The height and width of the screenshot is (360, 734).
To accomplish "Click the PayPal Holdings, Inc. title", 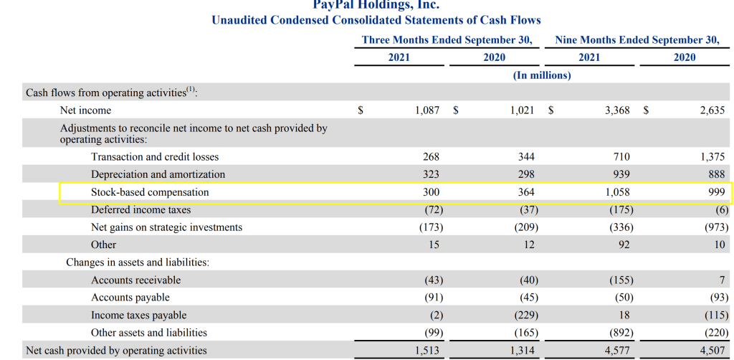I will pyautogui.click(x=376, y=4).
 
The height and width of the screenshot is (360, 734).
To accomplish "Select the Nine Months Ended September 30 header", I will pyautogui.click(x=637, y=40).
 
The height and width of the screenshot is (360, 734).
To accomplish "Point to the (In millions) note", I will pyautogui.click(x=542, y=75).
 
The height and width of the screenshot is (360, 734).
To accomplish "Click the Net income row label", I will pyautogui.click(x=85, y=110).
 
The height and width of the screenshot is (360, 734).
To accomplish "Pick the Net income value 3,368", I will pyautogui.click(x=616, y=110).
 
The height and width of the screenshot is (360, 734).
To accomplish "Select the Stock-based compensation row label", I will pyautogui.click(x=150, y=192).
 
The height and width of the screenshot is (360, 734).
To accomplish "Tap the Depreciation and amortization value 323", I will pyautogui.click(x=431, y=174).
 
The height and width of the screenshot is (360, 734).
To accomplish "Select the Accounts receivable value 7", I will pyautogui.click(x=722, y=280).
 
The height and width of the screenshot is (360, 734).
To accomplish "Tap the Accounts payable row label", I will pyautogui.click(x=130, y=297).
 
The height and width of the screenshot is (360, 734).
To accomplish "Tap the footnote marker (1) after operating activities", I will pyautogui.click(x=190, y=90).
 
